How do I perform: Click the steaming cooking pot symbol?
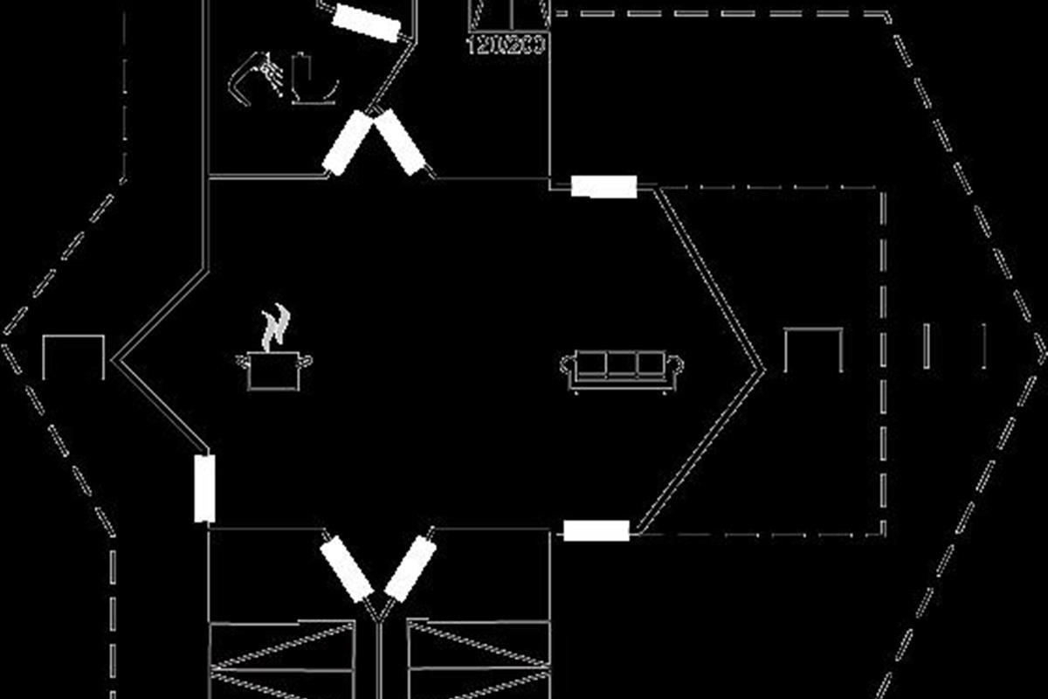(273, 370)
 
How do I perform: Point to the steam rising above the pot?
(276, 325)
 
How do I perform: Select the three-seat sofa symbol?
(621, 370)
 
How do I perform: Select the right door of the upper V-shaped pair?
(400, 142)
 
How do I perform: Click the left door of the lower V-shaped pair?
(347, 569)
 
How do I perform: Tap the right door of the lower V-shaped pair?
(410, 569)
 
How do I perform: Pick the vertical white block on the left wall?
(204, 488)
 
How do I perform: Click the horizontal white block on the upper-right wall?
(603, 186)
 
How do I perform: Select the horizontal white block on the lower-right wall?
(596, 530)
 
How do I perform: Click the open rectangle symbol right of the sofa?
(812, 349)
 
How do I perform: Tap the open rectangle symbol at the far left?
(73, 356)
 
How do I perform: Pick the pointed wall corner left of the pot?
(116, 357)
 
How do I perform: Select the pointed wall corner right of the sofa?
(762, 370)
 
